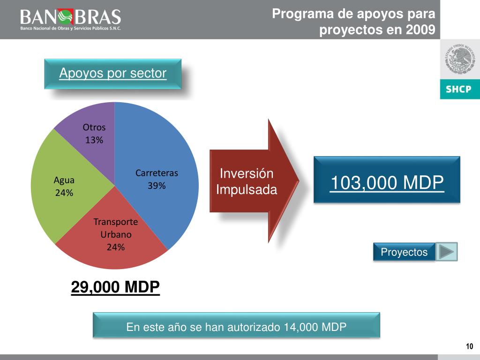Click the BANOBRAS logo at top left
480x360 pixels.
(70, 19)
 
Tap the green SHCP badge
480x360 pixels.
(459, 89)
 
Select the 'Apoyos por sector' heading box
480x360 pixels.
(112, 74)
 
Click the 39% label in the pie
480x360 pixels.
(157, 186)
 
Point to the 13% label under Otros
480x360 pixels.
(94, 140)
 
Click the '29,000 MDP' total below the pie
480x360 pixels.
(115, 286)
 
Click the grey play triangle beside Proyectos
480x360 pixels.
(446, 252)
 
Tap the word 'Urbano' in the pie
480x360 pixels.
(116, 234)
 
